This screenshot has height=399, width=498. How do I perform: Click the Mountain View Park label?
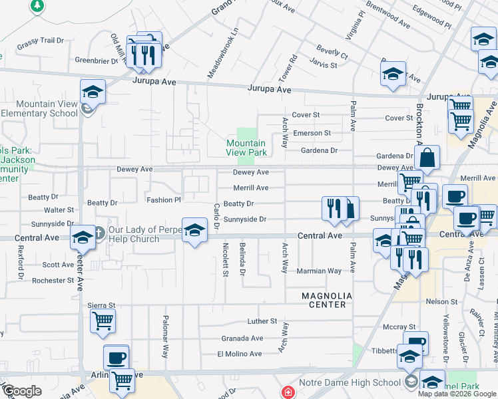pyautogui.click(x=246, y=148)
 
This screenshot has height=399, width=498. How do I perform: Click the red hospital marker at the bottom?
pyautogui.click(x=288, y=392)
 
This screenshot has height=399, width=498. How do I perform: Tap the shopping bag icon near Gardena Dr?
pyautogui.click(x=427, y=159)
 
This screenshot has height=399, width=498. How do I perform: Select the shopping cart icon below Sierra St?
pyautogui.click(x=103, y=321)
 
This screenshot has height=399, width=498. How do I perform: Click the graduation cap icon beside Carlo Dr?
pyautogui.click(x=194, y=231)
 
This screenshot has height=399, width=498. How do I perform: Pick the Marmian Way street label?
pyautogui.click(x=320, y=271)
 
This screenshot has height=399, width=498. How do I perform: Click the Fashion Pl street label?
pyautogui.click(x=163, y=199)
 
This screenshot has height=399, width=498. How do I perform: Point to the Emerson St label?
pyautogui.click(x=312, y=133)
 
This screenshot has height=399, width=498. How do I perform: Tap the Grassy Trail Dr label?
pyautogui.click(x=40, y=41)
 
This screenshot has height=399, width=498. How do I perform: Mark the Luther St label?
pyautogui.click(x=262, y=321)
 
